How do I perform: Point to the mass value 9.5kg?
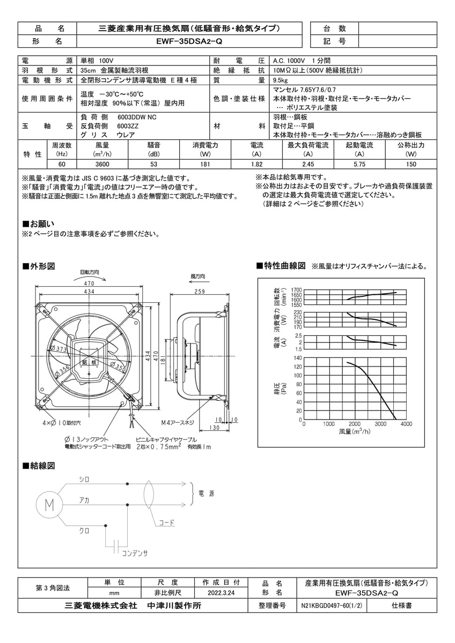pos(282,80)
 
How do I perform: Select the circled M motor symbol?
pos(49,504)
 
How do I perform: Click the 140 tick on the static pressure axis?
pos(298,357)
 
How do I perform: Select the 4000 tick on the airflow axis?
pos(406,424)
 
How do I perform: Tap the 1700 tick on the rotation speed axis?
pos(297,290)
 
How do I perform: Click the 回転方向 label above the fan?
pos(90,272)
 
